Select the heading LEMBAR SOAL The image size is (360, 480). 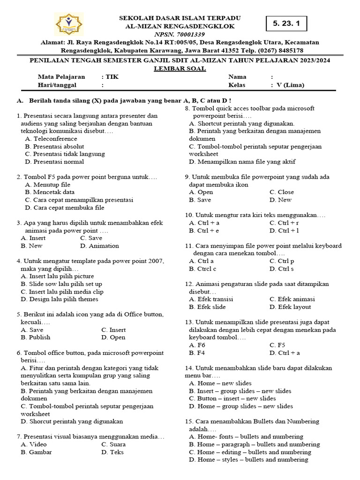coord(180,68)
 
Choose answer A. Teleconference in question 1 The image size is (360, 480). coord(51,139)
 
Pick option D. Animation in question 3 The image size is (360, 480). coord(99,246)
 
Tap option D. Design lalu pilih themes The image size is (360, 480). coord(60,299)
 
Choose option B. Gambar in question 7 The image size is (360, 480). coord(36,452)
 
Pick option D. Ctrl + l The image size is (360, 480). coord(284,231)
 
